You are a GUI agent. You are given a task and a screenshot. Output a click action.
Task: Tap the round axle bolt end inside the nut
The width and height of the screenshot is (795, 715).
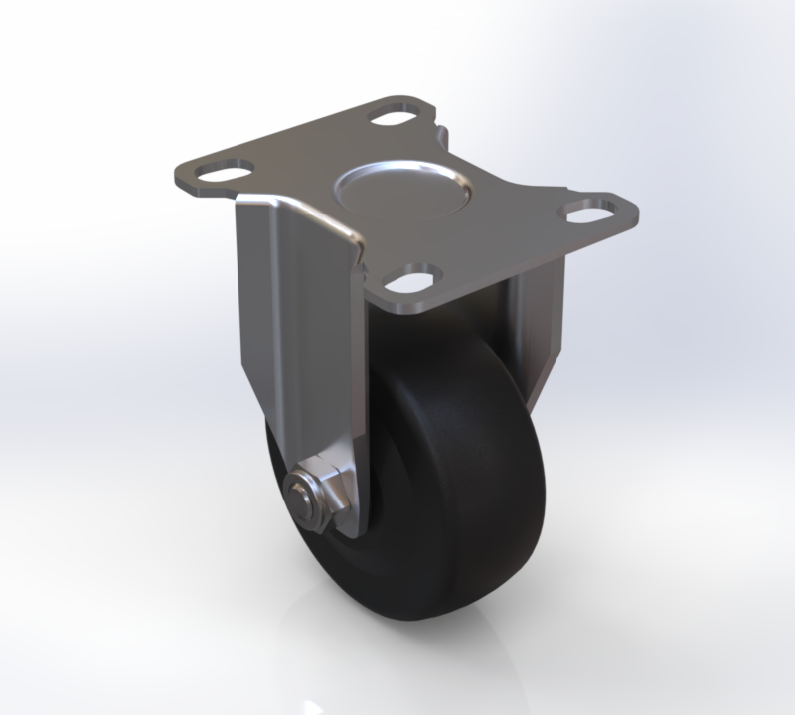tap(299, 493)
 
